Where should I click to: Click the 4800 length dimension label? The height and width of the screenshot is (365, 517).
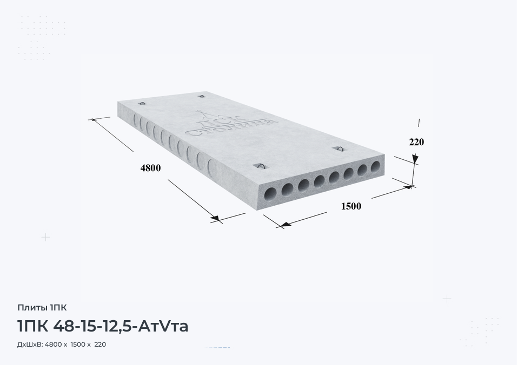coord(150,168)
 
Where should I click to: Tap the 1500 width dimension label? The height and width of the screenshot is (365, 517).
coord(351,206)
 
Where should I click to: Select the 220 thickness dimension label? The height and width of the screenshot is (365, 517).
coord(416,142)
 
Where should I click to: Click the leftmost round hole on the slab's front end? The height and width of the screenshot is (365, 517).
coord(271,193)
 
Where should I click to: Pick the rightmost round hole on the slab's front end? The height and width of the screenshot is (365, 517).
coord(375,166)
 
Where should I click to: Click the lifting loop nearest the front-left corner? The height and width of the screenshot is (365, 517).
coord(260,166)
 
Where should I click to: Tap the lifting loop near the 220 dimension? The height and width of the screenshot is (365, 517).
coord(339,149)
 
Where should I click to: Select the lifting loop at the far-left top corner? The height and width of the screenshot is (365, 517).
coord(142,103)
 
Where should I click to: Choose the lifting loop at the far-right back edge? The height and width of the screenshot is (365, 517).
coord(202,97)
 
